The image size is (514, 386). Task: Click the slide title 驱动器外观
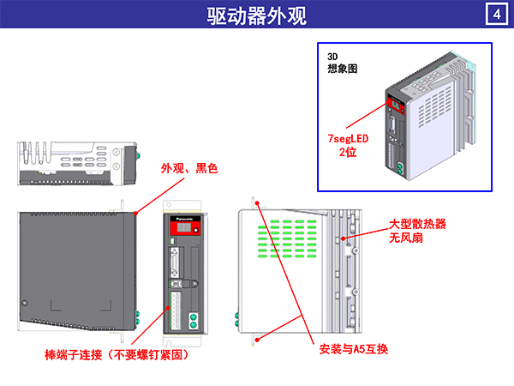pos(256,15)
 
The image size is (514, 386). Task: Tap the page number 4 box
pos(495,15)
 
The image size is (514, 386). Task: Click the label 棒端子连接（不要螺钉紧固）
pos(117,353)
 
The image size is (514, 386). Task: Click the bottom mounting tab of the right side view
pos(254,337)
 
